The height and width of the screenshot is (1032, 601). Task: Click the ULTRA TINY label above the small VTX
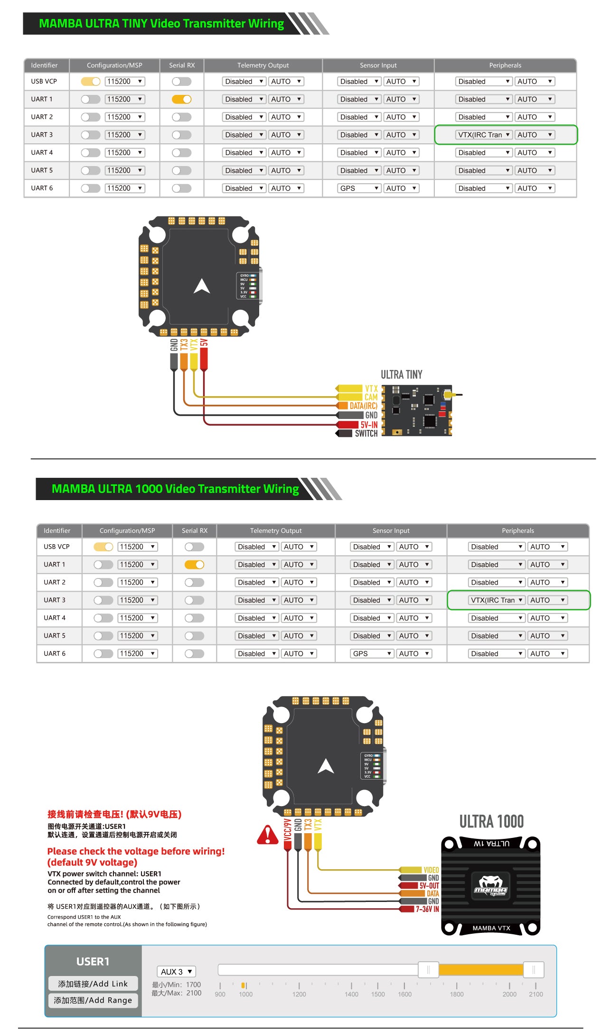pos(401,374)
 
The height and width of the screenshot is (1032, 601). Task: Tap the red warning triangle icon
pos(268,835)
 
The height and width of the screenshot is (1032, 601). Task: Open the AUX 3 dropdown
pos(176,971)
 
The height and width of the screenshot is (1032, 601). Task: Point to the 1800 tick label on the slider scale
pos(456,994)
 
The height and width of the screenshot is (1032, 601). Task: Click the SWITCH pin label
pos(366,433)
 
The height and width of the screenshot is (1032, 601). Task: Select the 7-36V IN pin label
pos(427,909)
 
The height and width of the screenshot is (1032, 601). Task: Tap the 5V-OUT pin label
pos(429,885)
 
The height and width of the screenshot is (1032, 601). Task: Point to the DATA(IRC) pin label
pos(363,406)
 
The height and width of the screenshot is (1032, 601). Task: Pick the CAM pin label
pos(371,397)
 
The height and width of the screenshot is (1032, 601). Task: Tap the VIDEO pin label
pos(431,870)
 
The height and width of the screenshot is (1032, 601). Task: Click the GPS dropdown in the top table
pos(359,188)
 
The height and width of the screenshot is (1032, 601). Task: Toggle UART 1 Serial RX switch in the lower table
pos(194,565)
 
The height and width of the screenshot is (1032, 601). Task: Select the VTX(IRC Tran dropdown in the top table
pos(484,135)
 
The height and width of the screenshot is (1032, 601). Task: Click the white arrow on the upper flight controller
pos(202,286)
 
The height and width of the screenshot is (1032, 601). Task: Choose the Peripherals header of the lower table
pos(517,530)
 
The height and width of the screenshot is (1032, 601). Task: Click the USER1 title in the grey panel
pos(93,961)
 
